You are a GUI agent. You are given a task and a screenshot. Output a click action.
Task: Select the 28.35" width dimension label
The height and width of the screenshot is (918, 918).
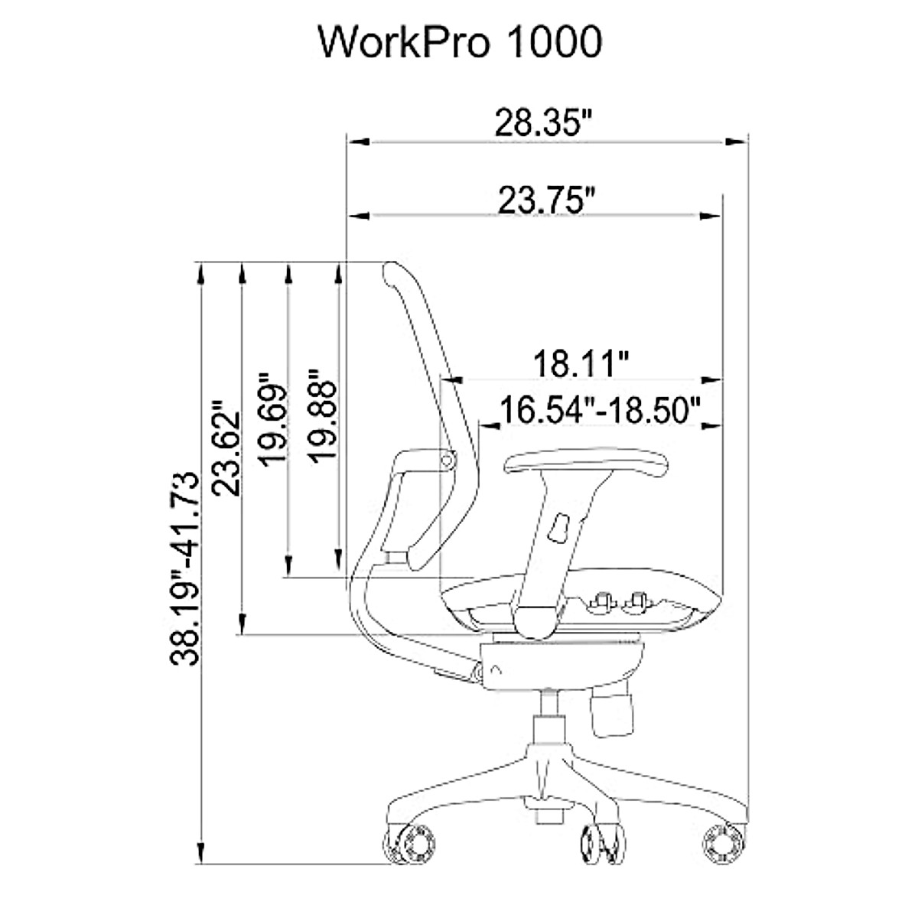coord(544,122)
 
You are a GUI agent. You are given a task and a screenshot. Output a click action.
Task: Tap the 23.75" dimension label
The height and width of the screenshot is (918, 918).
coord(546,200)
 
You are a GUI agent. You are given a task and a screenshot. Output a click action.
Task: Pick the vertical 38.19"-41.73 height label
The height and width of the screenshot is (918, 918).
coord(185,568)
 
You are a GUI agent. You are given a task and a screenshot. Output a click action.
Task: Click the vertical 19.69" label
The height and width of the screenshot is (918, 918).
coord(273,418)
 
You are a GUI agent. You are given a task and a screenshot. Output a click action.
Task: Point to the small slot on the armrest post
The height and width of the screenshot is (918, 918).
coord(559,528)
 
